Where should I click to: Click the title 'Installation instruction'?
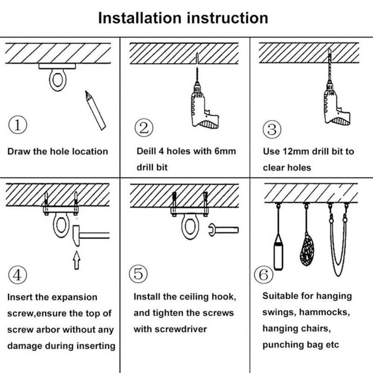(183, 18)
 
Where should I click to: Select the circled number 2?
(143, 128)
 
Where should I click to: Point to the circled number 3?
(272, 129)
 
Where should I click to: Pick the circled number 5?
(138, 274)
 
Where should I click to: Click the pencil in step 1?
(95, 110)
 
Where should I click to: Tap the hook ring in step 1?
(57, 80)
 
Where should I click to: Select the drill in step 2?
(201, 108)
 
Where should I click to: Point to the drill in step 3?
(334, 104)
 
